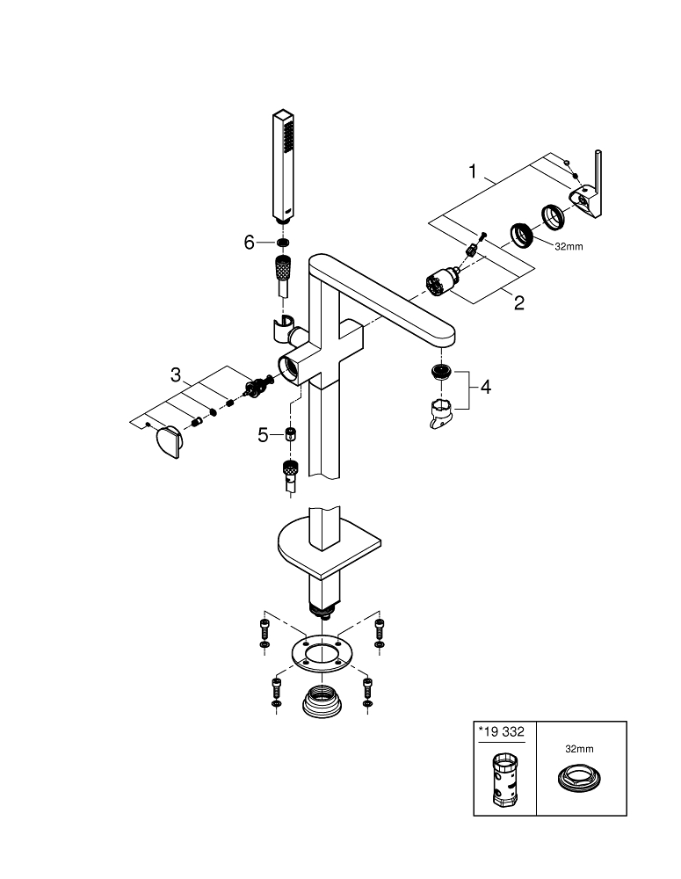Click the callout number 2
518,303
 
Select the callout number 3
177,375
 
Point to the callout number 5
262,434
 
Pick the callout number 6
249,242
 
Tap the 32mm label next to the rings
568,246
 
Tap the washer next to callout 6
282,242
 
